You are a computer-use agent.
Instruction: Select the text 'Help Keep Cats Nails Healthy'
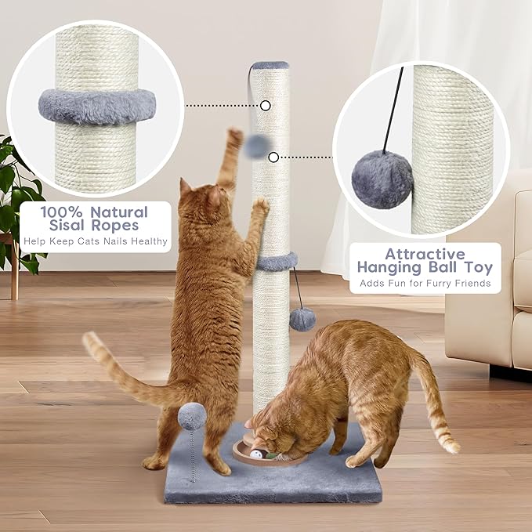96,243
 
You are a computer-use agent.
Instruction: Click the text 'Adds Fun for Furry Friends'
425,283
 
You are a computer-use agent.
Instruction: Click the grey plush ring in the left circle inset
96,107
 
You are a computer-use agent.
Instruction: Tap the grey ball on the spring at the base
193,414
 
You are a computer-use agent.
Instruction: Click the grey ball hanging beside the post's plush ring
302,319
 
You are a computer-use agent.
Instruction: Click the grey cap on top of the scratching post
270,66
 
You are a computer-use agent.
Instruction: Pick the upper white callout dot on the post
266,105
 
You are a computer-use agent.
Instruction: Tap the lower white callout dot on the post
273,157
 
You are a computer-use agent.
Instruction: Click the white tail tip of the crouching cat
451,445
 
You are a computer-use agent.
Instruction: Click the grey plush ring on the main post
275,262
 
